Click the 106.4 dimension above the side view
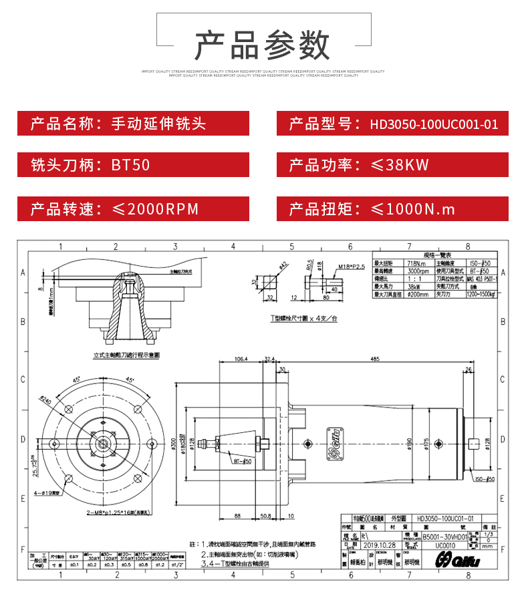point(241,359)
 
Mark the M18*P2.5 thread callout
point(350,267)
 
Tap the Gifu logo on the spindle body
point(338,443)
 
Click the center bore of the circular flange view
point(104,442)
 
